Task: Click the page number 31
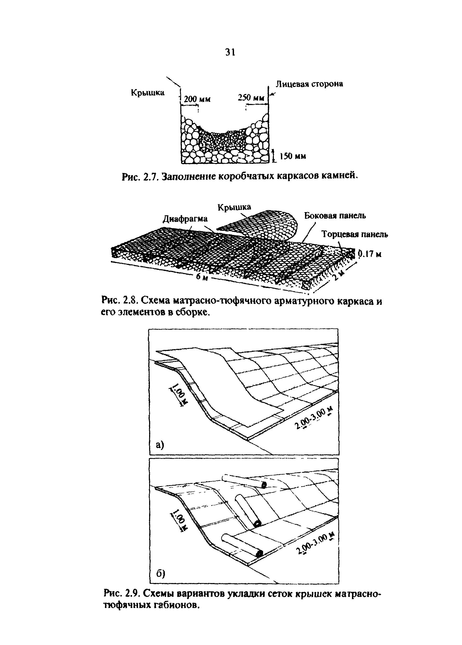pos(230,52)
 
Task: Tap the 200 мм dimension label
pos(197,99)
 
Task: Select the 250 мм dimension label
pos(251,98)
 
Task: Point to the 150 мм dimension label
pos(292,156)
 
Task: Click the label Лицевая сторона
pos(309,84)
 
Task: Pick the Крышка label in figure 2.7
pos(147,93)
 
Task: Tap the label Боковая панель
pos(335,216)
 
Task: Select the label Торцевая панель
pos(355,234)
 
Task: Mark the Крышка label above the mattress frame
pos(234,207)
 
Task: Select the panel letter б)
pos(160,574)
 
